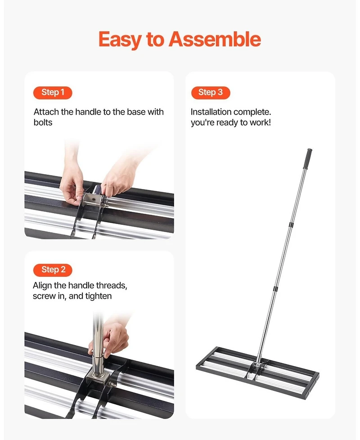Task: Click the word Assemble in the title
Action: (x=215, y=40)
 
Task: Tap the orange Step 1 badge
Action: (x=53, y=93)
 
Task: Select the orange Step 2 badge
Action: (x=53, y=270)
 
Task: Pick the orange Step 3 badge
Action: (x=210, y=93)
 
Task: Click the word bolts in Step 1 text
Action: (x=43, y=122)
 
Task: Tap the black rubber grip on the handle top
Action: (x=309, y=157)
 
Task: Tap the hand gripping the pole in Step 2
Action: (x=112, y=337)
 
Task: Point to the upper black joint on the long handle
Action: (x=291, y=223)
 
